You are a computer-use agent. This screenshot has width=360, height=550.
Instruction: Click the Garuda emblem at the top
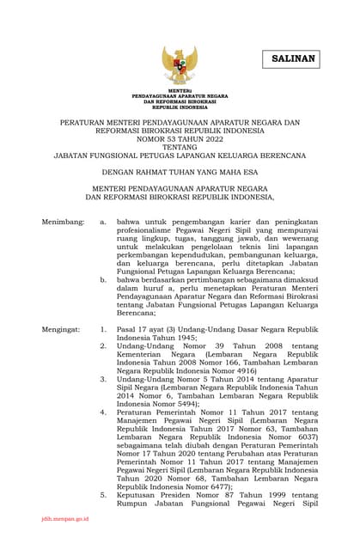(x=180, y=64)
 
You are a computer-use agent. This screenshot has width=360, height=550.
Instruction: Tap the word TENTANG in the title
(x=180, y=147)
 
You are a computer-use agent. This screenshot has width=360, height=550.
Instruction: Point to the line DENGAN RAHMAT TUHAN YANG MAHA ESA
(x=180, y=171)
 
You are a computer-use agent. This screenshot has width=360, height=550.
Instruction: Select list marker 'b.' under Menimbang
(x=103, y=279)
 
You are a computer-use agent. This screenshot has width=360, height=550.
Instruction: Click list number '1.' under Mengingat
(x=103, y=329)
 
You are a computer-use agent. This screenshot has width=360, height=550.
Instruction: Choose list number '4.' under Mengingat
(x=103, y=412)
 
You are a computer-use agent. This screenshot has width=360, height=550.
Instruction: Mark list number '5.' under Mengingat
(x=103, y=496)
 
